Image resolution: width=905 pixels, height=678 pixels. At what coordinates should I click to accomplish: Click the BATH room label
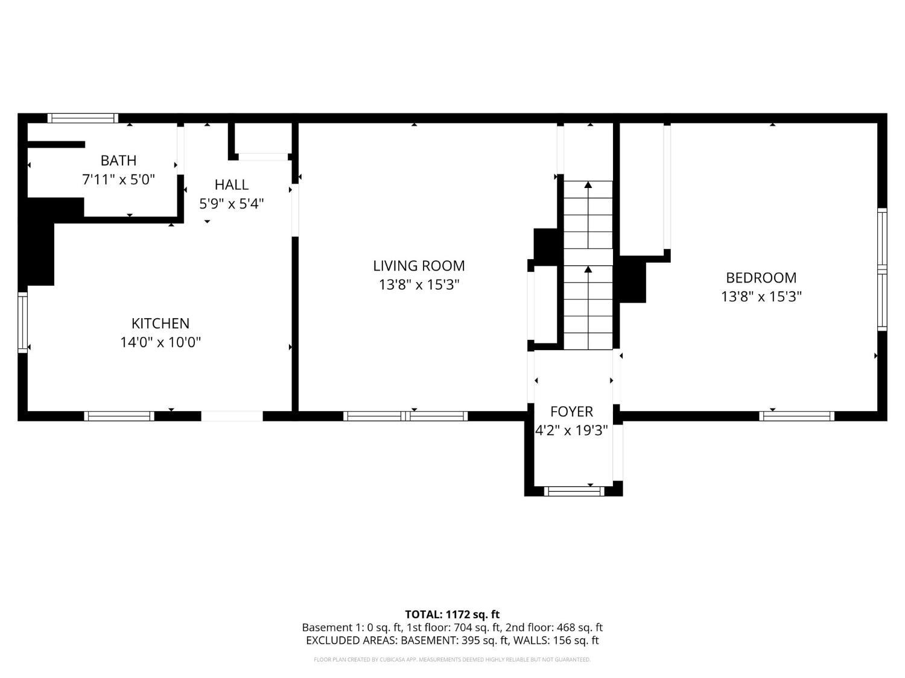(x=118, y=160)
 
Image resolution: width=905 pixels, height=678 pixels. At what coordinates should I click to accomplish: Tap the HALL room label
(x=231, y=185)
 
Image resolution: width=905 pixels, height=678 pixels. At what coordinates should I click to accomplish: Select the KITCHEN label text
(x=160, y=324)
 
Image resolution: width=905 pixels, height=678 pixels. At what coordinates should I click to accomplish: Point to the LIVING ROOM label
(x=419, y=266)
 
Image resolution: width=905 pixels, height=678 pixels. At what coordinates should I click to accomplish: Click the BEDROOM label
(x=761, y=278)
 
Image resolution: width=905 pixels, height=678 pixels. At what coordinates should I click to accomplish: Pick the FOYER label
(x=571, y=412)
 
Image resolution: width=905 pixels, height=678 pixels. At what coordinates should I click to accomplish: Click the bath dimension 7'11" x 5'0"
(x=118, y=180)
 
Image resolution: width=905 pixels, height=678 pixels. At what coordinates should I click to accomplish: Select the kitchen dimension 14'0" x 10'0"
(x=160, y=342)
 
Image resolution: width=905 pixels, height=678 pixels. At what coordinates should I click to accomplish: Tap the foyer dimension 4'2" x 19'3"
(x=571, y=430)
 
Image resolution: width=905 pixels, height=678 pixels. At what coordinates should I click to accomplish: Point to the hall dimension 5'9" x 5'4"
(x=231, y=203)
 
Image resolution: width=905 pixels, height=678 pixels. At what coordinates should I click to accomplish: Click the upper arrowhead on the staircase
(x=588, y=185)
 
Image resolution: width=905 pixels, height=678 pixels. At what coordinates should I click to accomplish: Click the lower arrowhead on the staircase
(x=588, y=269)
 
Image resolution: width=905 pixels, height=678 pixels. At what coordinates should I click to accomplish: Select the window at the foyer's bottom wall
(x=574, y=491)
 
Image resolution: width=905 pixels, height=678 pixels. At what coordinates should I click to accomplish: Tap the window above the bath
(x=83, y=119)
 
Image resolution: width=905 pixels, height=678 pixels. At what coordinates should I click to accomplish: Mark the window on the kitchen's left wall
(x=23, y=322)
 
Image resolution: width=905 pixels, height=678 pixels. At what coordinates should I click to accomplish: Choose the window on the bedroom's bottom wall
(x=796, y=416)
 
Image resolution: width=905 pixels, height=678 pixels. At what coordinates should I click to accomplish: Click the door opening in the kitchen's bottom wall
(x=232, y=416)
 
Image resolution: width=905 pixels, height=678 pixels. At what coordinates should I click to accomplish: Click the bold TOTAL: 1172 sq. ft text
(x=453, y=615)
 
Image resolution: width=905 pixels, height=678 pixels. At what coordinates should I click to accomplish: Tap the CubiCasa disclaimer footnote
(x=453, y=659)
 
